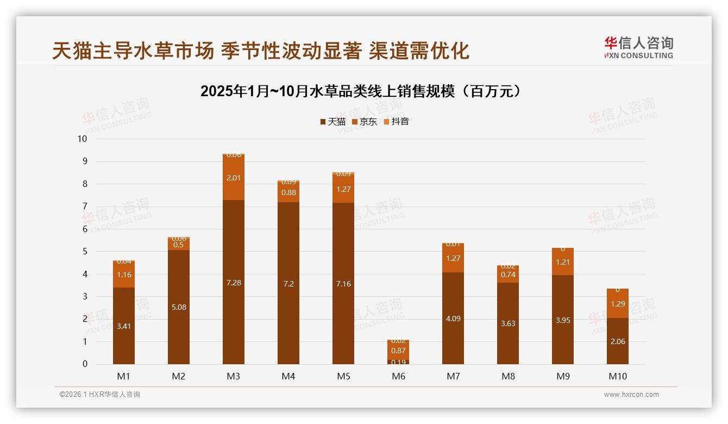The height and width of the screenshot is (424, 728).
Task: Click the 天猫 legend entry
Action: point(332,122)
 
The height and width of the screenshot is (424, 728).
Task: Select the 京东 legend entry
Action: point(364,122)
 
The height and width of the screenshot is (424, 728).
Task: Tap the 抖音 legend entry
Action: point(396,122)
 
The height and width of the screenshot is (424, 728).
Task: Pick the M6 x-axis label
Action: point(398,376)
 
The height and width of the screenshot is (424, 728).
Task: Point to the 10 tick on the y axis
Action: point(82,139)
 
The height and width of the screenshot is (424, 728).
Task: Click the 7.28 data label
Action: point(234,283)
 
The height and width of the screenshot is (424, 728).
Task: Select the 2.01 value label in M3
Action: point(234,178)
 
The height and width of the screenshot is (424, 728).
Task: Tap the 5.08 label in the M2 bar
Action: point(179,307)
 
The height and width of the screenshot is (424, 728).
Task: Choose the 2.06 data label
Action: point(618,341)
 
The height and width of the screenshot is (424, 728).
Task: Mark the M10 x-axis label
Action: point(618,376)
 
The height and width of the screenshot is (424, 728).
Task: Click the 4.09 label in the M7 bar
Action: point(453,319)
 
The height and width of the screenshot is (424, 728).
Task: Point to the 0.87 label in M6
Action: point(398,351)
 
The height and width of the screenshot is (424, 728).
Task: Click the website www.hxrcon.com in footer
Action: point(631,395)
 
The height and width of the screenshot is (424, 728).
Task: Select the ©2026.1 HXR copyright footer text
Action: point(100,395)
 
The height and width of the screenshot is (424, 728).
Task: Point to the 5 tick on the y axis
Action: point(84,252)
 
